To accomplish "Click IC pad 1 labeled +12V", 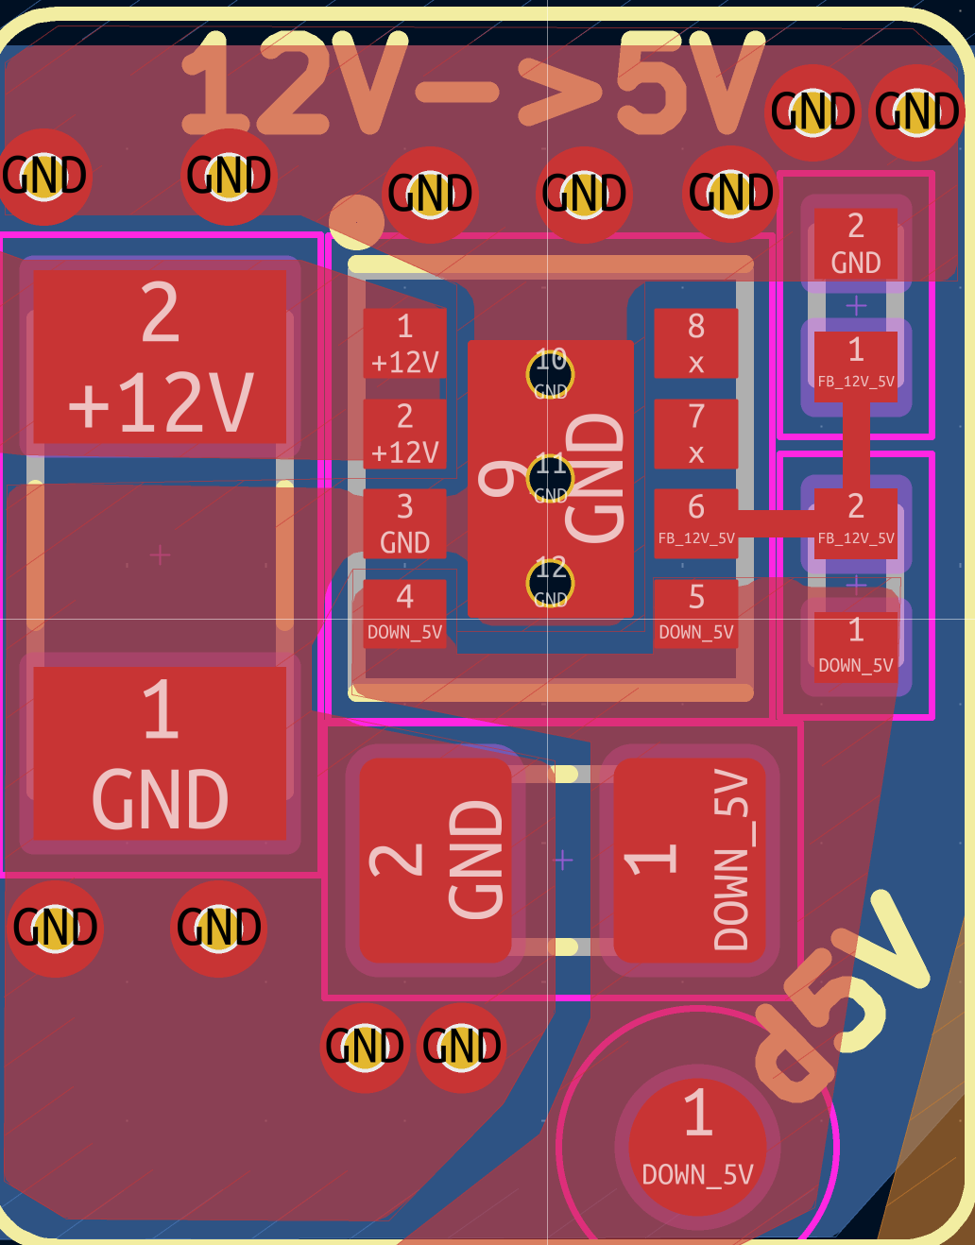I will [x=405, y=344].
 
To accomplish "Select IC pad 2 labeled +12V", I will [x=405, y=434].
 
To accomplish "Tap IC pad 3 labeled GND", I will [x=405, y=524].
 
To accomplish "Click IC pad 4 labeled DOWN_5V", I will [x=405, y=614].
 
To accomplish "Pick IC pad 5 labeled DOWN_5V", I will [x=696, y=614].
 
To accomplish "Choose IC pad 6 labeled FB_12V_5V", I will [x=696, y=522].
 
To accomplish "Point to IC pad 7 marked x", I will [x=696, y=434].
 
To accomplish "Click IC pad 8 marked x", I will [x=696, y=344].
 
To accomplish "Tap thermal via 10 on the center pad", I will [x=550, y=374].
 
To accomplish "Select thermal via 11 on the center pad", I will [x=550, y=478].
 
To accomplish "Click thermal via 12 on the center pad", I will [x=550, y=583].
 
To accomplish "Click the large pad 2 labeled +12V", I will [x=161, y=357].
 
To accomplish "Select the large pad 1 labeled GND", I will [x=161, y=753].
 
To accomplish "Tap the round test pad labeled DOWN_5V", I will [x=698, y=1146].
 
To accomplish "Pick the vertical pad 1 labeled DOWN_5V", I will [x=689, y=860].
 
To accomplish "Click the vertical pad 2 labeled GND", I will [x=436, y=860].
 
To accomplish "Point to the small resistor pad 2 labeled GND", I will [x=856, y=244].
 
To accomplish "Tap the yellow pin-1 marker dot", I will [x=356, y=222].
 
